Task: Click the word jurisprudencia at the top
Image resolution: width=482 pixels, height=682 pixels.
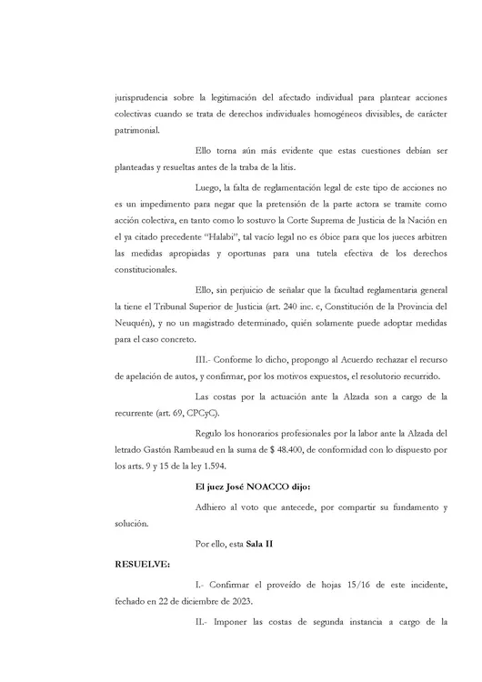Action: click(143, 96)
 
